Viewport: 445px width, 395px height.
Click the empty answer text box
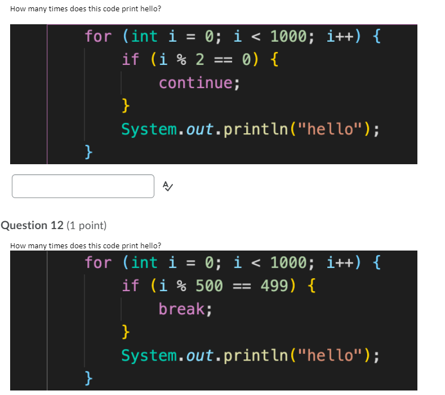pyautogui.click(x=83, y=186)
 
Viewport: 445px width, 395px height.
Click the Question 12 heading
pyautogui.click(x=33, y=225)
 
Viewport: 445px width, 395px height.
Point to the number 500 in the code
pyautogui.click(x=209, y=286)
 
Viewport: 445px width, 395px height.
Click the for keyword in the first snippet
pyautogui.click(x=98, y=37)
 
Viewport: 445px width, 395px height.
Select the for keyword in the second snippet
pyautogui.click(x=98, y=262)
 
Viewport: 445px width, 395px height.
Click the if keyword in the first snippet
pyautogui.click(x=130, y=60)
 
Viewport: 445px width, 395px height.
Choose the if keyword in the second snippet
pyautogui.click(x=130, y=286)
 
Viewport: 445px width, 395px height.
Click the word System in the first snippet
pyautogui.click(x=149, y=130)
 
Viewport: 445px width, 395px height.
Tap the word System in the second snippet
pyautogui.click(x=149, y=355)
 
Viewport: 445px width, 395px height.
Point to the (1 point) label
pyautogui.click(x=86, y=225)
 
